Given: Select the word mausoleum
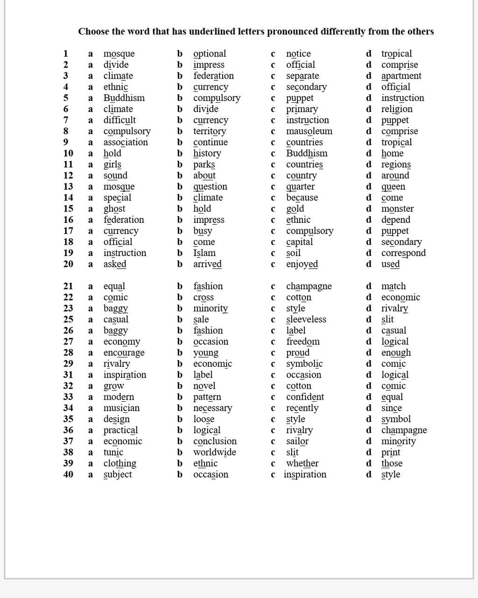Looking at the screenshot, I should pyautogui.click(x=309, y=131).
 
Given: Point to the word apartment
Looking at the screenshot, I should pyautogui.click(x=401, y=76).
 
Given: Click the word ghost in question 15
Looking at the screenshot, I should pyautogui.click(x=114, y=209).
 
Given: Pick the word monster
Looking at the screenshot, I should pyautogui.click(x=397, y=209).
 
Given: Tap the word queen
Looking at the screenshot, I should pyautogui.click(x=393, y=187).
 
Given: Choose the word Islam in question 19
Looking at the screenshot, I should pyautogui.click(x=204, y=253).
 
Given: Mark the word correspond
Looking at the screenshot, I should pyautogui.click(x=403, y=253).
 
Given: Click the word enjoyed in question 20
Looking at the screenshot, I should pyautogui.click(x=302, y=264).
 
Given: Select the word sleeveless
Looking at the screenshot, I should pyautogui.click(x=306, y=320).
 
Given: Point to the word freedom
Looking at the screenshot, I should pyautogui.click(x=302, y=342).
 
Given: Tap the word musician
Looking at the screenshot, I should pyautogui.click(x=121, y=408).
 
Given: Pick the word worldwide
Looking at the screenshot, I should pyautogui.click(x=214, y=452).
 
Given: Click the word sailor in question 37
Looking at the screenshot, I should pyautogui.click(x=297, y=441).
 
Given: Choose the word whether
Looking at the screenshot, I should pyautogui.click(x=302, y=463).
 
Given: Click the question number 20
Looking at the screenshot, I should pyautogui.click(x=68, y=264).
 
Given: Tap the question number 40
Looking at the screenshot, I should pyautogui.click(x=68, y=475).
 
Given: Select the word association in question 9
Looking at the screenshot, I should pyautogui.click(x=125, y=142).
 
